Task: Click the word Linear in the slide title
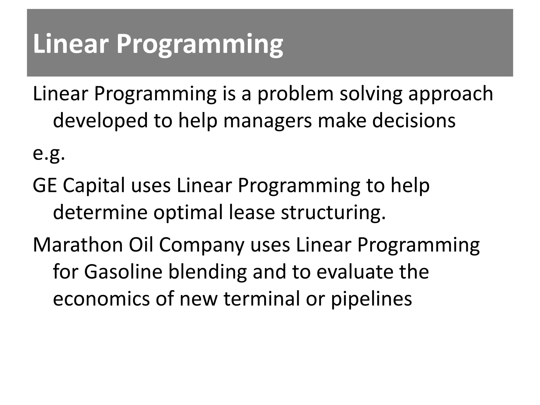tap(71, 44)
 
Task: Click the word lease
tap(252, 213)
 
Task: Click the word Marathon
tap(78, 245)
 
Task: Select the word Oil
tap(141, 245)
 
